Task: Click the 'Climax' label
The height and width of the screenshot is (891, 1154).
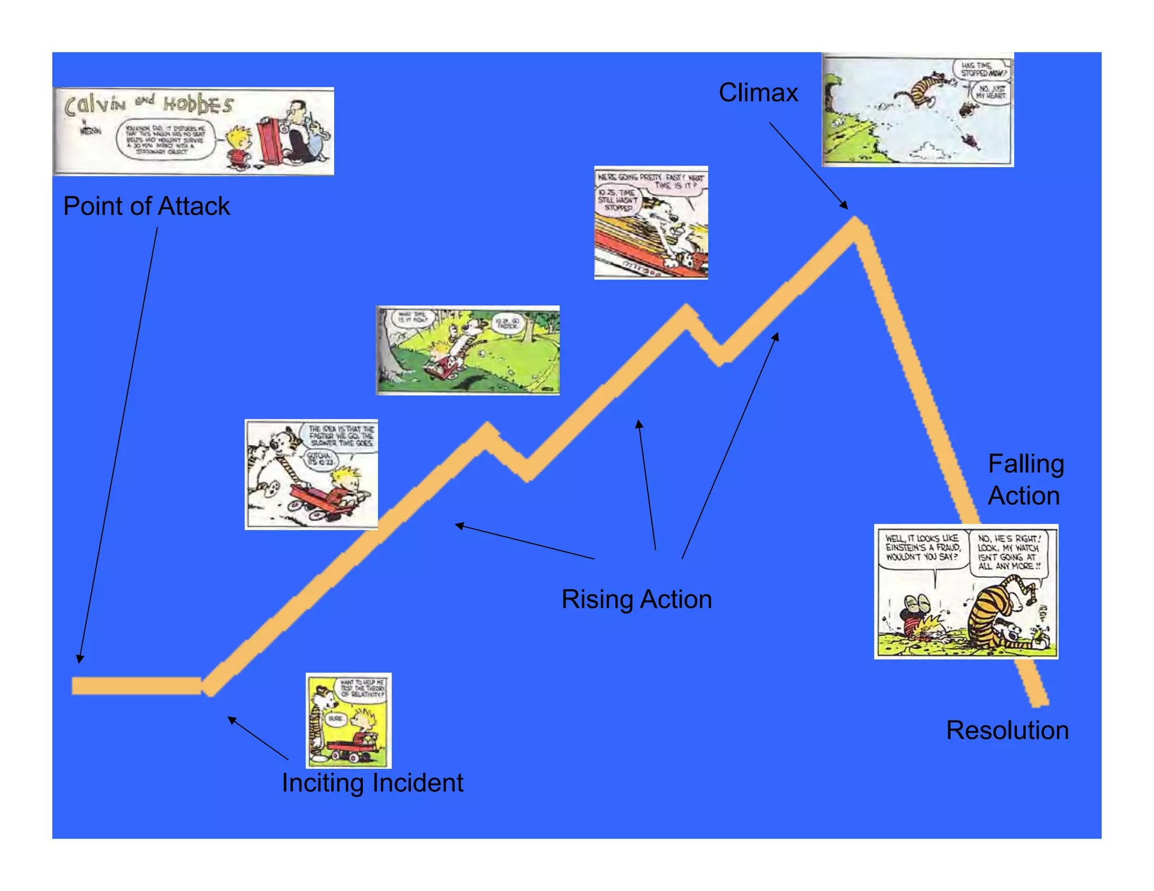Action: click(758, 93)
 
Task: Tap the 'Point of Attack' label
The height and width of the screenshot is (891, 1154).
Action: click(147, 206)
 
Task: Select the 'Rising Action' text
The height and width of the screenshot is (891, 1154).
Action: click(637, 599)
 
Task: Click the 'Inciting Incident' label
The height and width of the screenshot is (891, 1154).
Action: click(372, 783)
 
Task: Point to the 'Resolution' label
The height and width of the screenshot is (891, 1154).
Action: click(1007, 730)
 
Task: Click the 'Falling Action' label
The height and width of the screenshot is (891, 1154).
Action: click(1026, 480)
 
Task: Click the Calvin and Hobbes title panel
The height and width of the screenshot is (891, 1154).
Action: click(194, 131)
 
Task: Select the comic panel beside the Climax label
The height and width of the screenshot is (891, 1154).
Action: click(917, 110)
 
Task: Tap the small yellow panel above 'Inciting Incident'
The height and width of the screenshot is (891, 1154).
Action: click(348, 720)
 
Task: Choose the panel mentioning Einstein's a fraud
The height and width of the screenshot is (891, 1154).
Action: click(966, 591)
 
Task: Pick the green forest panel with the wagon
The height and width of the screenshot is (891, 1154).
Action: click(468, 350)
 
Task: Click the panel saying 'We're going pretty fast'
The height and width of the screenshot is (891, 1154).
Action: click(651, 222)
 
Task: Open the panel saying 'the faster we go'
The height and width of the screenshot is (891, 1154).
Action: click(311, 474)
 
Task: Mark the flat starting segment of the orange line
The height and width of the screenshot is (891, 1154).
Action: click(136, 685)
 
